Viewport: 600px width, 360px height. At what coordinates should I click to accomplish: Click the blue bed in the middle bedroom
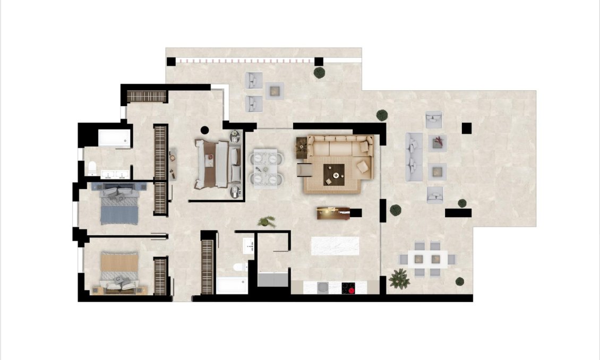119,204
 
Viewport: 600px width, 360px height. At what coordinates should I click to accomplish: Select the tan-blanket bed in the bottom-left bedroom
119,271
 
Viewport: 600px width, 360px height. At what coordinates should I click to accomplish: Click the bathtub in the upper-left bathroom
114,138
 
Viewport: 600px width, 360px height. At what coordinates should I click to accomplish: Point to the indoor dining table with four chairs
265,168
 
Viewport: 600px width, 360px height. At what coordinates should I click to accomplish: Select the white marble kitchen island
335,245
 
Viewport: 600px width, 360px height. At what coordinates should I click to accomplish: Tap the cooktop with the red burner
348,288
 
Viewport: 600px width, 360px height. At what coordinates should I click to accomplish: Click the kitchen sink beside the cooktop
322,288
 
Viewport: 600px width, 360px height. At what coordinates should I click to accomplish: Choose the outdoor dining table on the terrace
427,259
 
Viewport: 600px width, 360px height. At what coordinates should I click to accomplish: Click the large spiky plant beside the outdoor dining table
399,279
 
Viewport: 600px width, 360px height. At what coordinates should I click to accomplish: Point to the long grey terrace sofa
414,157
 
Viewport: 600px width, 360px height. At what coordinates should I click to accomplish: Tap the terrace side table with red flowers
438,142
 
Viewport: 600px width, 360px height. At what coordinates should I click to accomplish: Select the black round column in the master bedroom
205,129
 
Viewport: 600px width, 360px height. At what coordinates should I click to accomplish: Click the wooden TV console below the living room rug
333,213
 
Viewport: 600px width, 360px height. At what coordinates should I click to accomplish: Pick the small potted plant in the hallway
267,221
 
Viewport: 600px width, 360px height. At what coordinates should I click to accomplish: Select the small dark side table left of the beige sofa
302,144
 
